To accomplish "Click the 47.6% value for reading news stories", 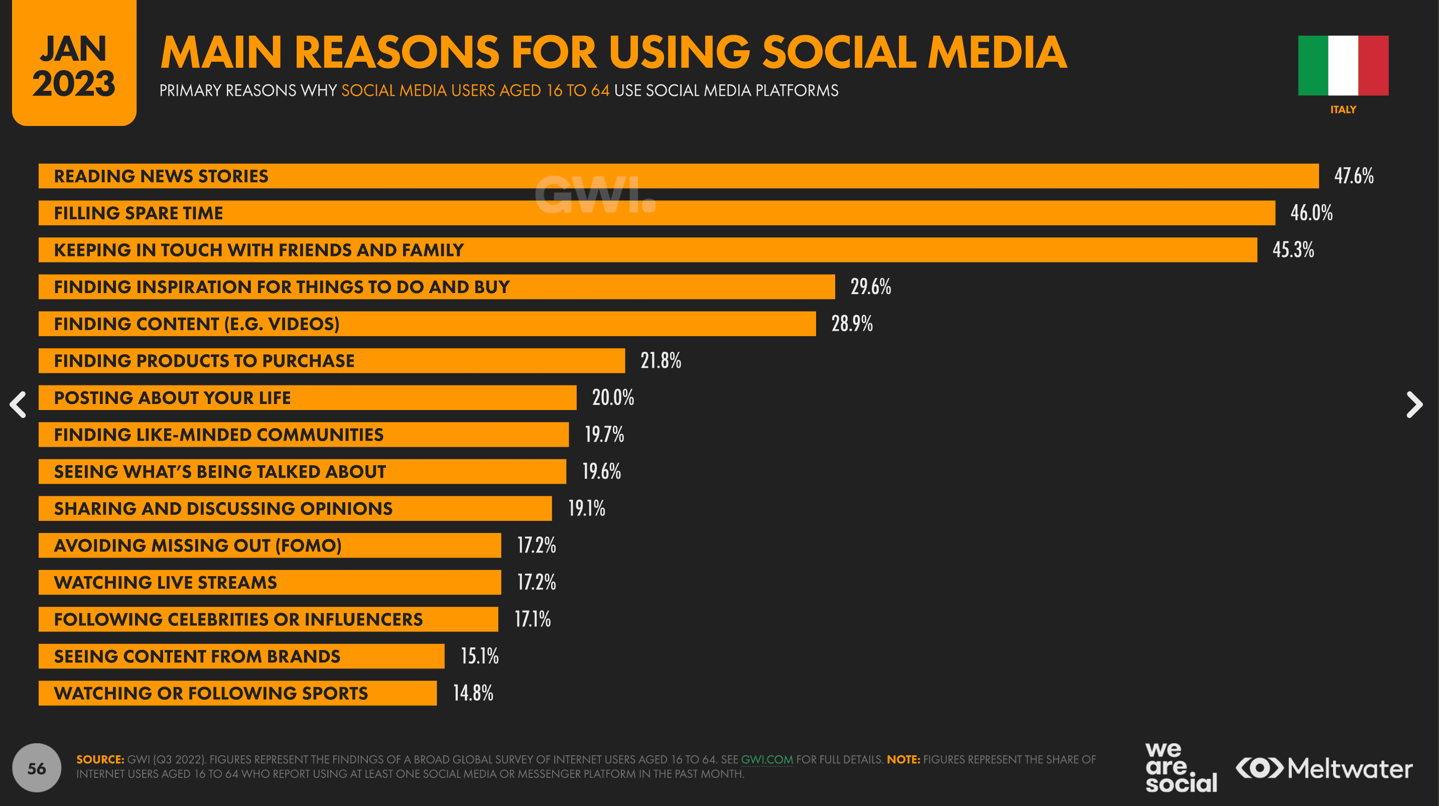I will click(1354, 176).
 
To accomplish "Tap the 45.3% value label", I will click(1292, 249).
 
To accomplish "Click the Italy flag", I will click(1343, 66).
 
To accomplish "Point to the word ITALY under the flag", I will click(1343, 109).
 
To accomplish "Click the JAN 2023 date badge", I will click(74, 64).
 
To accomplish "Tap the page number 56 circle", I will click(37, 768).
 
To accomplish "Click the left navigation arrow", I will click(19, 405).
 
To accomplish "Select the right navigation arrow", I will click(1414, 405).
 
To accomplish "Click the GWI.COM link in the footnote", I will click(766, 760).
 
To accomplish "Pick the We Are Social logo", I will click(1181, 767).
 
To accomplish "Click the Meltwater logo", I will click(1324, 768).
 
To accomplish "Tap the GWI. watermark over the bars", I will click(595, 195).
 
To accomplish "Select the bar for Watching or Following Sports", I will click(237, 693).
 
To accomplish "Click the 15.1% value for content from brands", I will click(479, 656).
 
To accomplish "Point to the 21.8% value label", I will click(661, 361).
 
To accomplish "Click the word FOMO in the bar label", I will click(308, 546).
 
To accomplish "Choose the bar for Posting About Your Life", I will click(307, 397).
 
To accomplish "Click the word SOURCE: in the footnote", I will click(100, 760).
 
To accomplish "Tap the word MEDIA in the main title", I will click(997, 53).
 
